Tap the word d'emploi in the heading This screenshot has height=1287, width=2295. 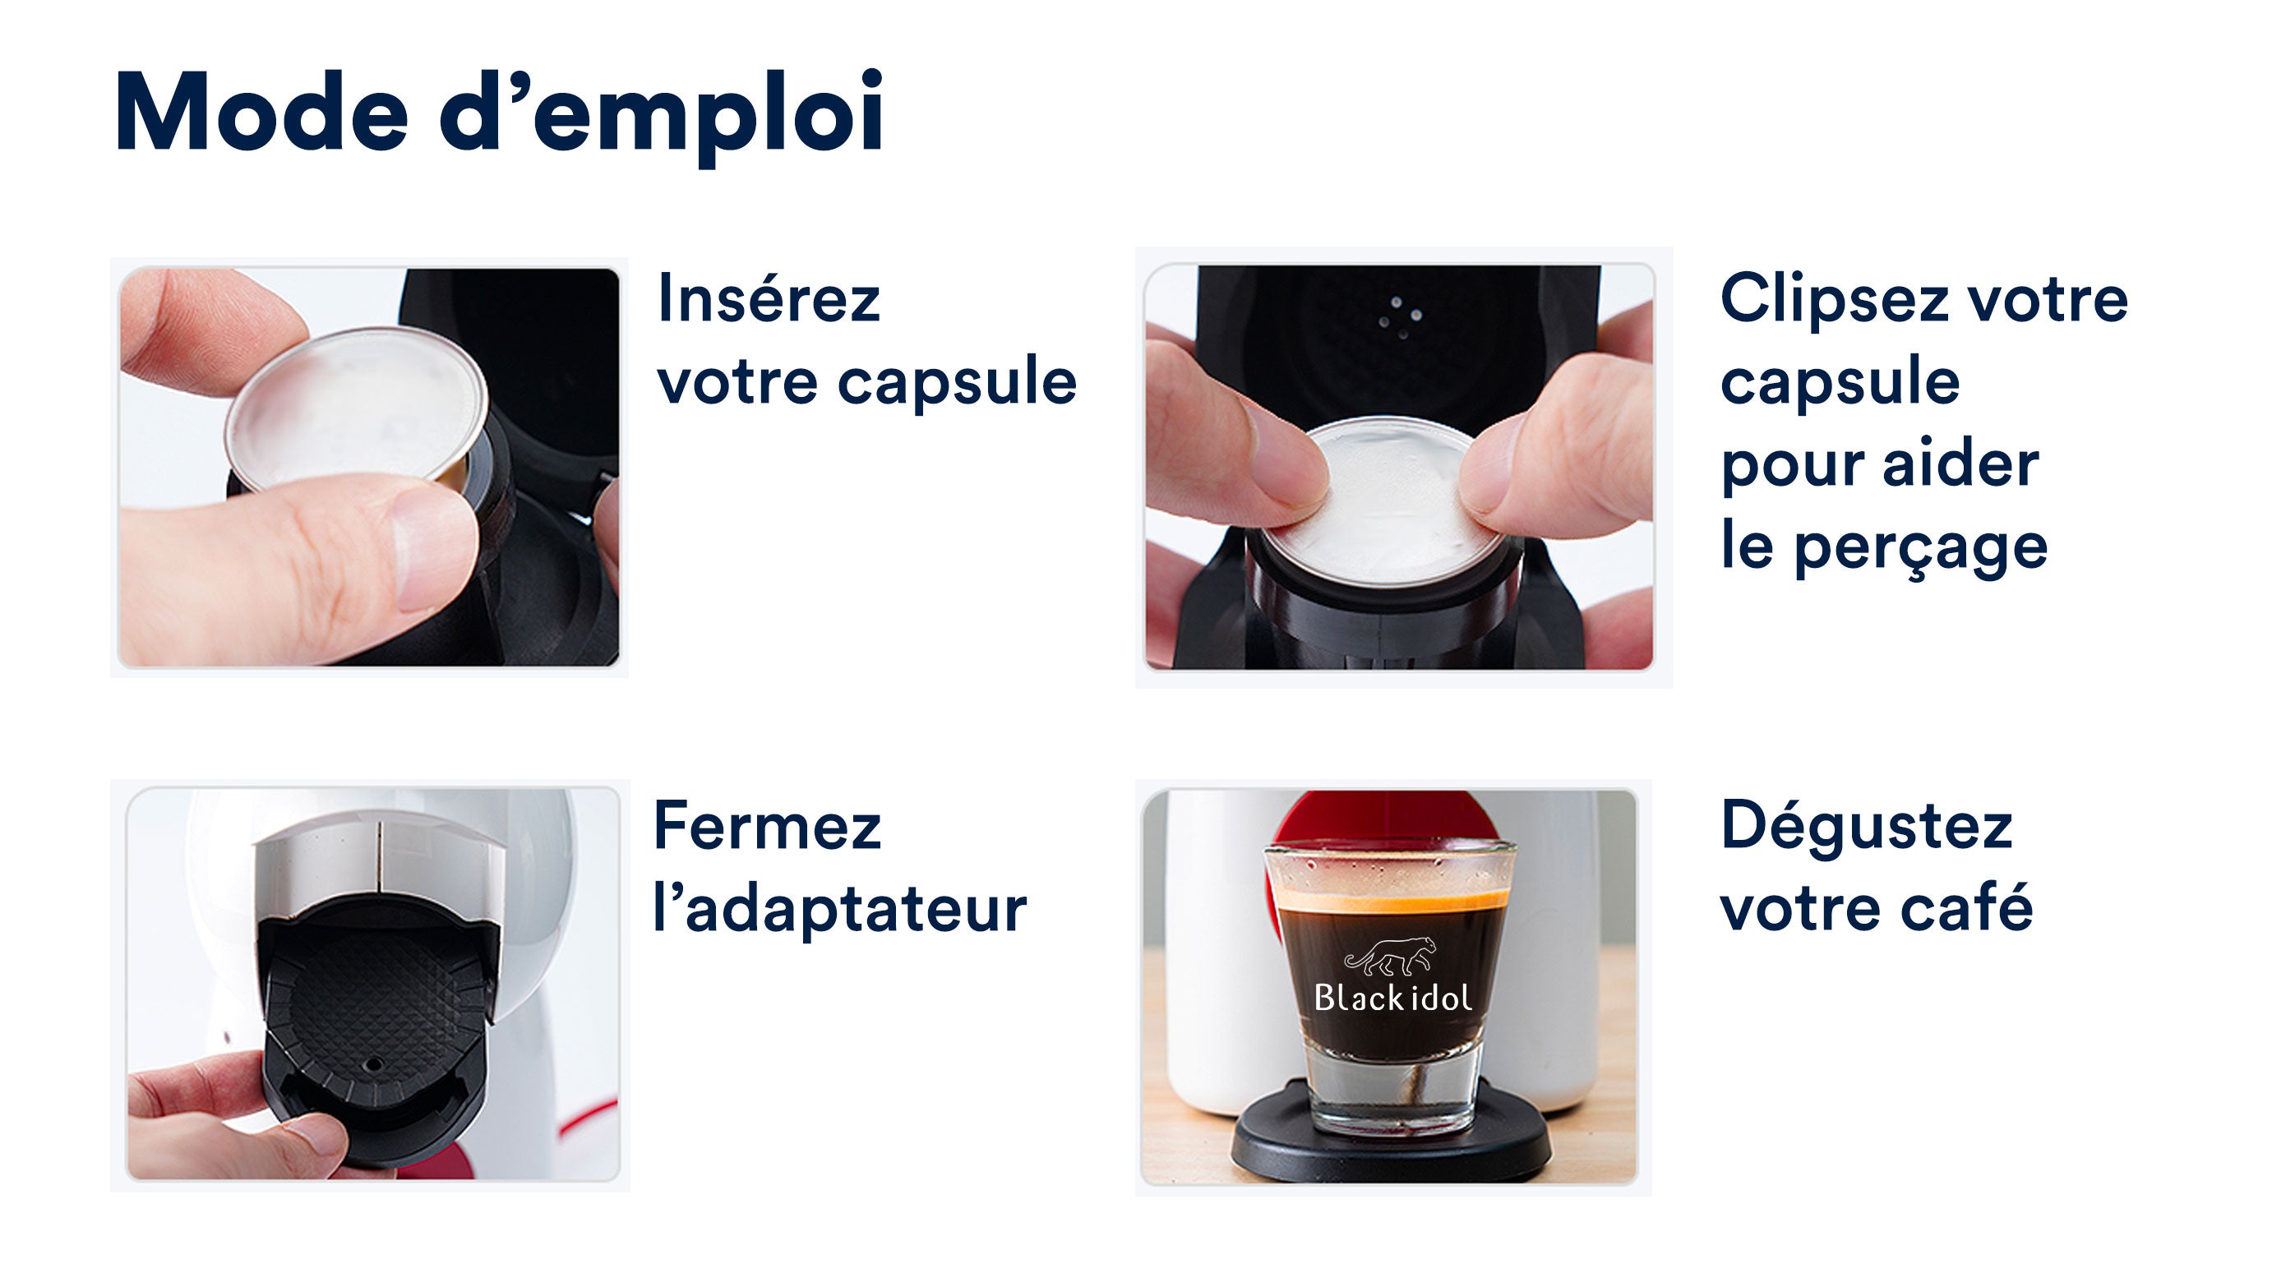tap(662, 117)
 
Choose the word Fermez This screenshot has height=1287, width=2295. tap(767, 826)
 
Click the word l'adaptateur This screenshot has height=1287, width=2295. tap(840, 908)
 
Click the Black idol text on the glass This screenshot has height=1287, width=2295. tap(1392, 998)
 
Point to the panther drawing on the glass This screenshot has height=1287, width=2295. tap(1390, 957)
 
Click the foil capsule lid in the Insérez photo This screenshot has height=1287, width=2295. tap(357, 410)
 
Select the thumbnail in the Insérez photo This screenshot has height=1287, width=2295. tap(432, 551)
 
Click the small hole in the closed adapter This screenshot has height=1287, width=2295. tap(374, 1063)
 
